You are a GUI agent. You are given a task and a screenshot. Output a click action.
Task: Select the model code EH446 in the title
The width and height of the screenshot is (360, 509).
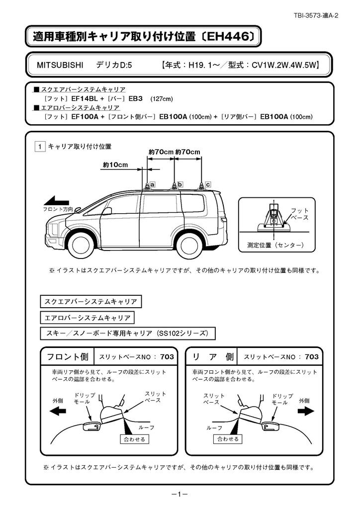tap(228, 36)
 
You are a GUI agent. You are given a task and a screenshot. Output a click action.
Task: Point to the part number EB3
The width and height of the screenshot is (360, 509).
tap(136, 98)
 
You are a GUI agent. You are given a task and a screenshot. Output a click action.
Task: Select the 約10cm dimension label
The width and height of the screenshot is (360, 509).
tap(115, 165)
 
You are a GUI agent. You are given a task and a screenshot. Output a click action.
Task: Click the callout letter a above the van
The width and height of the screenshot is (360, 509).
tap(153, 184)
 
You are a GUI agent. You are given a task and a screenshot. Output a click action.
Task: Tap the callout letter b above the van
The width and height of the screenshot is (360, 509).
tap(180, 184)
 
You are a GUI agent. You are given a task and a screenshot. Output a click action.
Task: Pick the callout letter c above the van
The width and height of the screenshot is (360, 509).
tap(208, 184)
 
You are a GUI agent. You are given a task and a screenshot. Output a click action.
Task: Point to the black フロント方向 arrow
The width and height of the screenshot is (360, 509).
tap(58, 201)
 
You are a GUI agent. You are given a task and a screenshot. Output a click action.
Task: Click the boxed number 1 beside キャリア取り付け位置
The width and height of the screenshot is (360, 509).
tap(40, 147)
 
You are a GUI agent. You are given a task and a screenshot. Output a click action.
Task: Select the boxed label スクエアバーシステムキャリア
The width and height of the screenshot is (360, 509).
tap(90, 301)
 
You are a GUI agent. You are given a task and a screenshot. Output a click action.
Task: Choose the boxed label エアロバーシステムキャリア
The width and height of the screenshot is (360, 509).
tap(88, 317)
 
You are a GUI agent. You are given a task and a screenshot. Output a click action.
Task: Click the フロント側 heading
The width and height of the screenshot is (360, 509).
tap(67, 357)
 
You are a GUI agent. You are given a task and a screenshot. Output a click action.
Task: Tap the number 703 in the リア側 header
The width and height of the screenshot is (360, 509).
tap(312, 357)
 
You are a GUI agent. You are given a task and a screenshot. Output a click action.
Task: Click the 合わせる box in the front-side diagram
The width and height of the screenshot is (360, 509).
tap(135, 439)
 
